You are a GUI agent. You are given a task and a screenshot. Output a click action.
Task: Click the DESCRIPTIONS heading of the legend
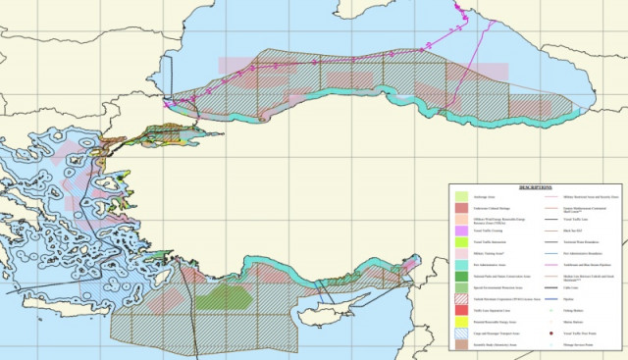coord(536,187)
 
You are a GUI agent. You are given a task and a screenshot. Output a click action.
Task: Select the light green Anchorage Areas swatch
coord(461,197)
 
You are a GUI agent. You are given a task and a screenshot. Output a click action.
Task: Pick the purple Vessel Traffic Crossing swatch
coord(461,229)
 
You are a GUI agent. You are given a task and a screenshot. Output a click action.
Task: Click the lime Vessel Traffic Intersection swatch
coord(461,240)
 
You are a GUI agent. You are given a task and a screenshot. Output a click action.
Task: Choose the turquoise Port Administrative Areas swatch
coord(461,265)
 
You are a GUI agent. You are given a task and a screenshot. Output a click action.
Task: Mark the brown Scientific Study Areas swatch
coord(461,344)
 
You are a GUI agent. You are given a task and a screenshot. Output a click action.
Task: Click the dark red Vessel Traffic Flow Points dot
coord(542,334)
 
